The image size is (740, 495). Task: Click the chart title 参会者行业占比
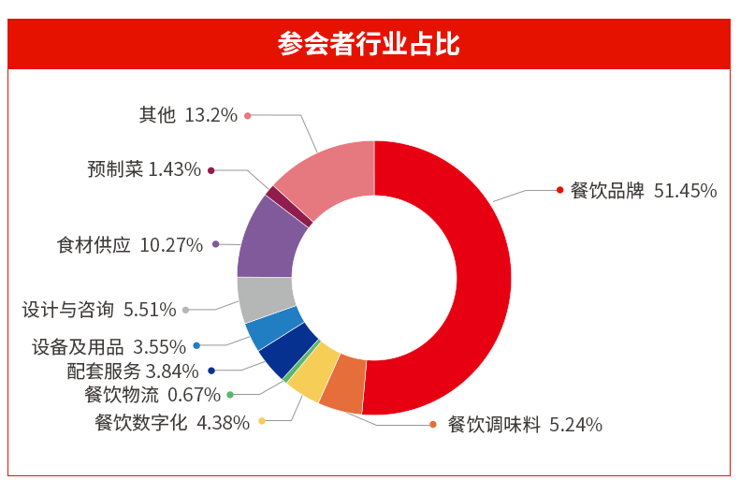369,44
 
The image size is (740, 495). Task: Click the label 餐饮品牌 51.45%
643,191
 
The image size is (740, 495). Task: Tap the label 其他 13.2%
188,115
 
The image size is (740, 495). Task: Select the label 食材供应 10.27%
130,245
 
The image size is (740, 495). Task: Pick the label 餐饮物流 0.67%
152,395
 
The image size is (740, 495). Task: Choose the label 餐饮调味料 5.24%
524,425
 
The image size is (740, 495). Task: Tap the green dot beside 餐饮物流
230,395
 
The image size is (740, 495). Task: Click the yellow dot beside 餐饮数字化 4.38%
262,422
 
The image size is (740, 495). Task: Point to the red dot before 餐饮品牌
559,190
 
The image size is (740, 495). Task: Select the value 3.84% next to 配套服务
172,371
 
